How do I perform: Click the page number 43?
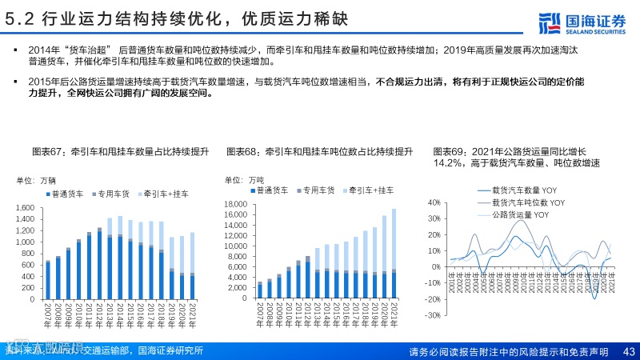coord(628,351)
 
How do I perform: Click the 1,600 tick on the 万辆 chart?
coord(23,208)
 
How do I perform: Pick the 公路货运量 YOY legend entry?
coord(521,214)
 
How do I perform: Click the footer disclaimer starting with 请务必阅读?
coord(508,351)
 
